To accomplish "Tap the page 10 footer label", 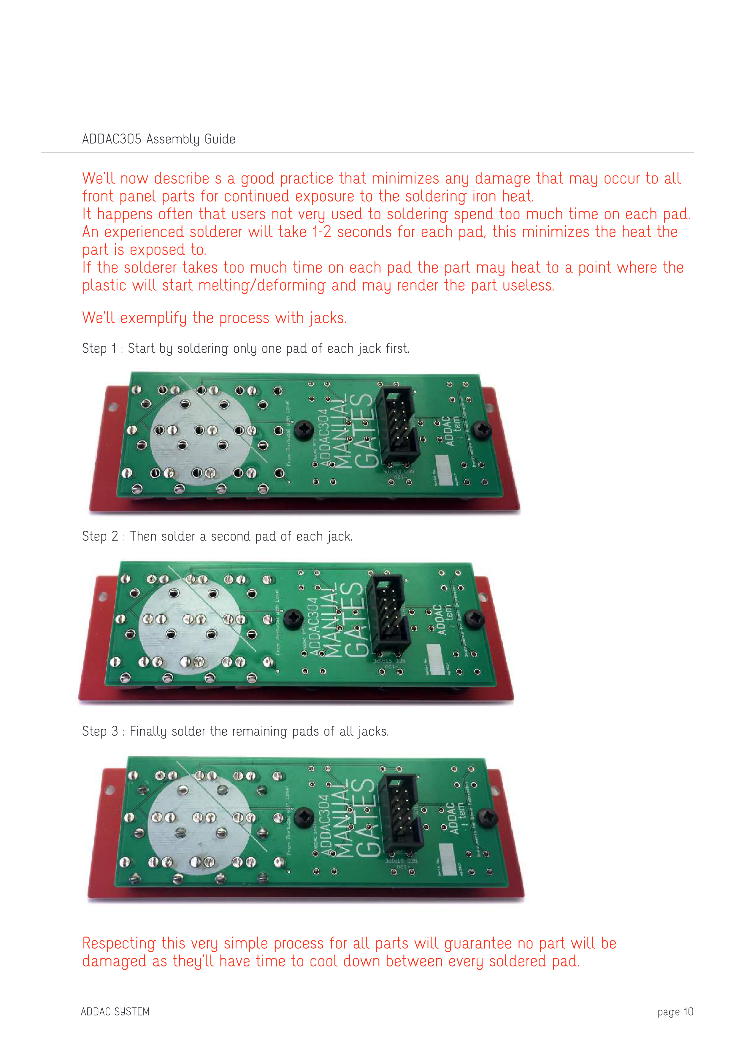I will click(675, 1012).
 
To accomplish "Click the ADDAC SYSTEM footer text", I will click(115, 1012).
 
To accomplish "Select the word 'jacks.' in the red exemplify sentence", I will click(328, 318).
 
